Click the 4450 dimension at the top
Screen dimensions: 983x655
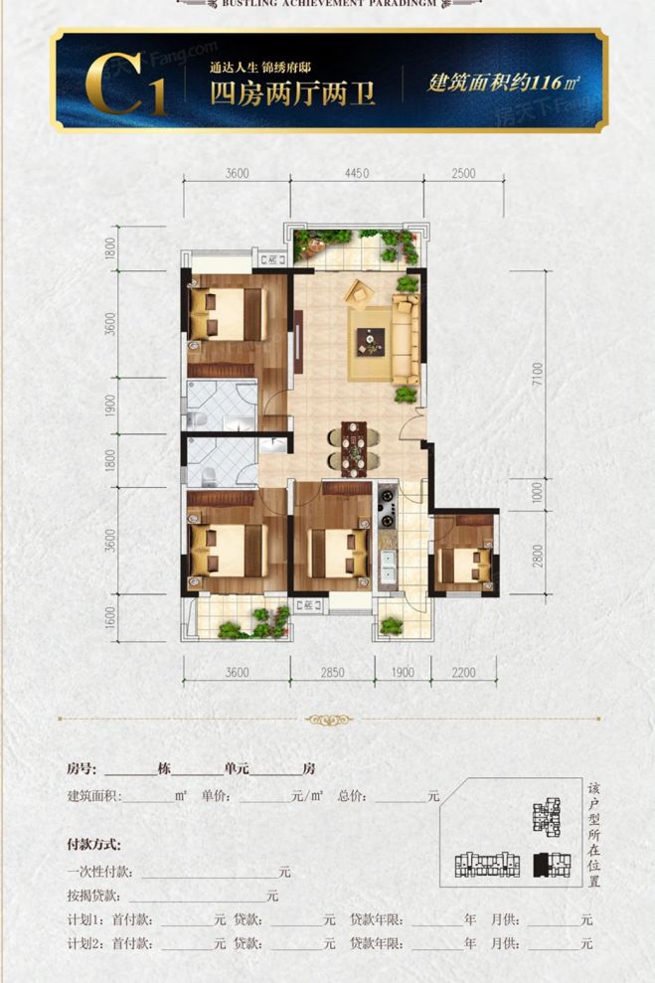(356, 173)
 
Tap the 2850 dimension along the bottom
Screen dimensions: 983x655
(332, 673)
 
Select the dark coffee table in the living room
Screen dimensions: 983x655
(372, 342)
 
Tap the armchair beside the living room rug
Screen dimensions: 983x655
(358, 292)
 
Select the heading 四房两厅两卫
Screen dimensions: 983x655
(276, 95)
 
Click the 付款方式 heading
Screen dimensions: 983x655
(93, 845)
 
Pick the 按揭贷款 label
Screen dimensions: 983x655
(93, 896)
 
